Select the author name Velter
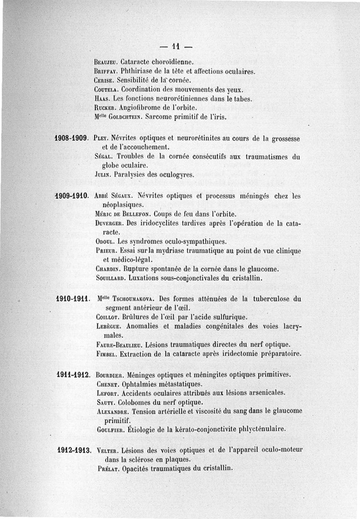(107, 450)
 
